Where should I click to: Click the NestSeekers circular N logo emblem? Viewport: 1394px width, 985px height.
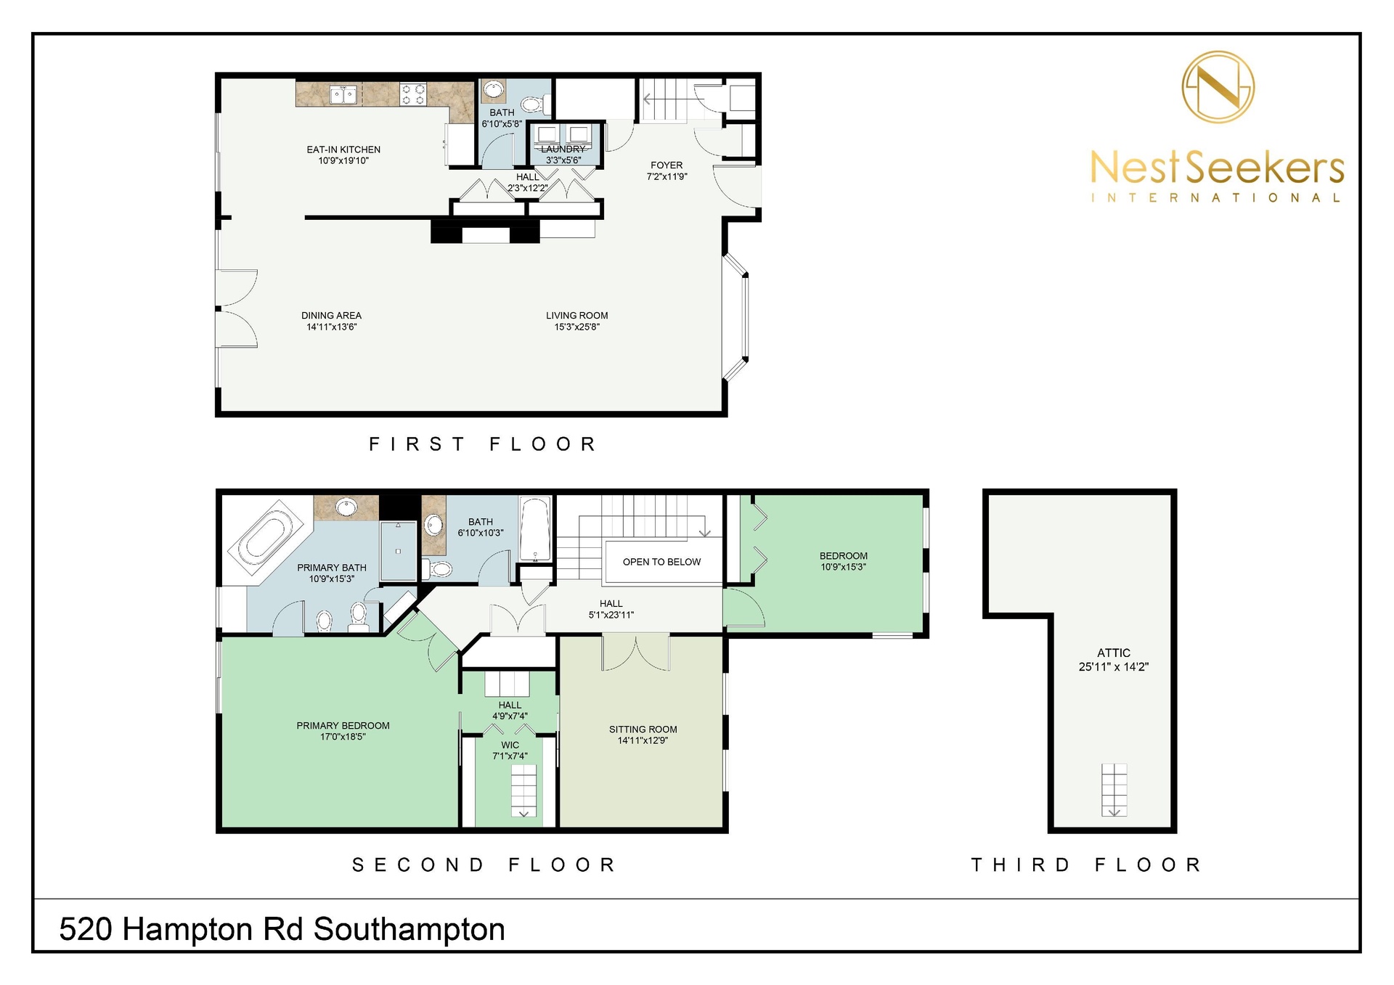coord(1218,87)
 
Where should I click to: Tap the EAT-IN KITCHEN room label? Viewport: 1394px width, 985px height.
coord(343,150)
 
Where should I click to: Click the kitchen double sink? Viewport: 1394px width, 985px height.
coord(343,94)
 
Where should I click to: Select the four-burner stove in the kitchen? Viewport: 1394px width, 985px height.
coord(413,94)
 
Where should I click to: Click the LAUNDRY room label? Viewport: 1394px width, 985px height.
coord(563,149)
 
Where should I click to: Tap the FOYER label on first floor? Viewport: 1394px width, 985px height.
coord(667,165)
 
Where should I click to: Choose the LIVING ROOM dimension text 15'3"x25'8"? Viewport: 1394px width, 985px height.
coord(577,327)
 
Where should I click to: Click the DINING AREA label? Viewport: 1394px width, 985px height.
coord(331,316)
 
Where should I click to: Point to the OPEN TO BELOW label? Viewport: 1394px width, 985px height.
coord(661,562)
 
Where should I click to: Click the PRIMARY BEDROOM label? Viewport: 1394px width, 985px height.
coord(343,725)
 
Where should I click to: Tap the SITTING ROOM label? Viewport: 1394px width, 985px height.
coord(643,729)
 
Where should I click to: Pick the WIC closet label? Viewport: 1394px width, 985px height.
coord(510,745)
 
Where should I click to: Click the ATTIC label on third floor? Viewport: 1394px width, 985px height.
coord(1114,653)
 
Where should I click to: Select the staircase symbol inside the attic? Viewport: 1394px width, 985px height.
coord(1114,790)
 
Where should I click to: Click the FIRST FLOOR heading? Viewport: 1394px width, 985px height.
coord(483,444)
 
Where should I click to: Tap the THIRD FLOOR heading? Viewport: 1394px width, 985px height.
coord(1087,865)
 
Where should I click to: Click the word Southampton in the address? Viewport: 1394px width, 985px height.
coord(409,930)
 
